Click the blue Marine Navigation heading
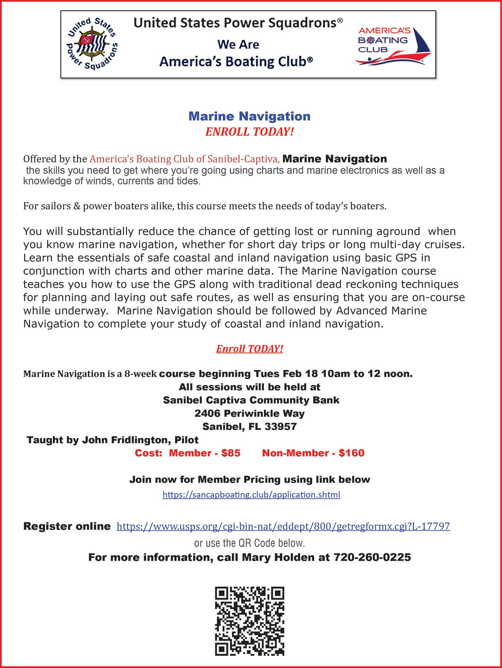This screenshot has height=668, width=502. coord(249,116)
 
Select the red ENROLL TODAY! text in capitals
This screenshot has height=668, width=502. coord(250,132)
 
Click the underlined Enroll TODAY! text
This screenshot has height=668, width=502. coord(250,349)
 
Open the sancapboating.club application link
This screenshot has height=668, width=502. coord(251,495)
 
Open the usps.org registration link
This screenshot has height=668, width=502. coord(283,526)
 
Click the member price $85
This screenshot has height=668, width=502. coord(231,453)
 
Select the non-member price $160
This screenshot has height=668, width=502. coord(351,453)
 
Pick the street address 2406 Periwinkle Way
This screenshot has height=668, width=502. coord(250,413)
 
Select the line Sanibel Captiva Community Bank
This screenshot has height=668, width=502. coord(251,400)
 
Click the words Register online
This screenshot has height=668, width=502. coord(67,526)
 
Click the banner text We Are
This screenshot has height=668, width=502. coord(238,45)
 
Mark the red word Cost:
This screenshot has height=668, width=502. coord(148,453)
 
